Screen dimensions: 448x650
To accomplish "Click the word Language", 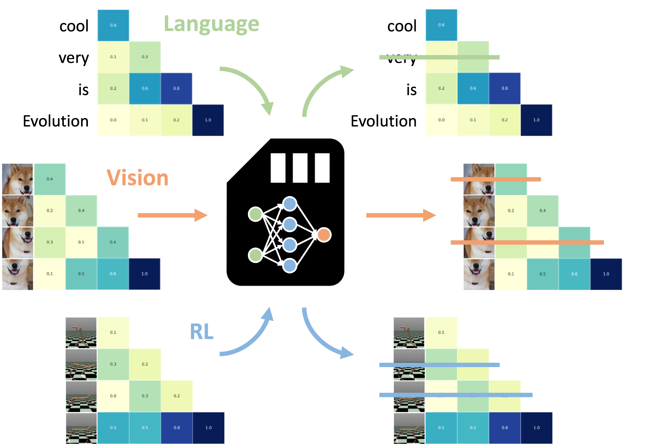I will (x=211, y=24).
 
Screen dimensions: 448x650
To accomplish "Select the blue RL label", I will (x=202, y=332).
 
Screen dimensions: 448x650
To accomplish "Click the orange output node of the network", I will (x=324, y=235).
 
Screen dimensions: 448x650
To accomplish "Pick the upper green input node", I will (x=255, y=214).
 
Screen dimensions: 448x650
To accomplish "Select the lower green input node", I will (x=255, y=255).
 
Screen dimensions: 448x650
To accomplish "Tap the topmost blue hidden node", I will (x=289, y=204).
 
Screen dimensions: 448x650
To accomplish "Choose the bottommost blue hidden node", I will (x=289, y=265).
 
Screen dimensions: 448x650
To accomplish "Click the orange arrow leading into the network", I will (x=172, y=215).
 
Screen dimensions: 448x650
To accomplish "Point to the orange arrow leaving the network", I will (x=401, y=215).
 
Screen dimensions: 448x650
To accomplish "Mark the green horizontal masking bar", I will (x=439, y=57).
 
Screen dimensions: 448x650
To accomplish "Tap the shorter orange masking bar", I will (x=496, y=179).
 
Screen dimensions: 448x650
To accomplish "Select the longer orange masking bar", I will (x=527, y=242).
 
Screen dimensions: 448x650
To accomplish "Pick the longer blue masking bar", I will (x=456, y=395).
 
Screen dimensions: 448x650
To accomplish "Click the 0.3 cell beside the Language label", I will (x=145, y=57).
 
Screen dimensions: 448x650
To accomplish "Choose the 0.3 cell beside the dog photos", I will (x=50, y=242).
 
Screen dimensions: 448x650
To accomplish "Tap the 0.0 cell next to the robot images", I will (x=113, y=396).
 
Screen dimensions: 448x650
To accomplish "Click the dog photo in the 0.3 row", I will (x=17, y=242).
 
